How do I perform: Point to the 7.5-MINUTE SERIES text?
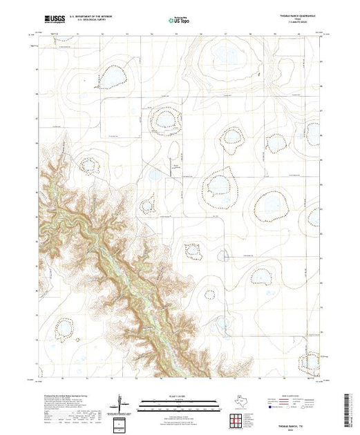(x=307, y=25)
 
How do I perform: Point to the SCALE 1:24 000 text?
(x=180, y=397)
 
